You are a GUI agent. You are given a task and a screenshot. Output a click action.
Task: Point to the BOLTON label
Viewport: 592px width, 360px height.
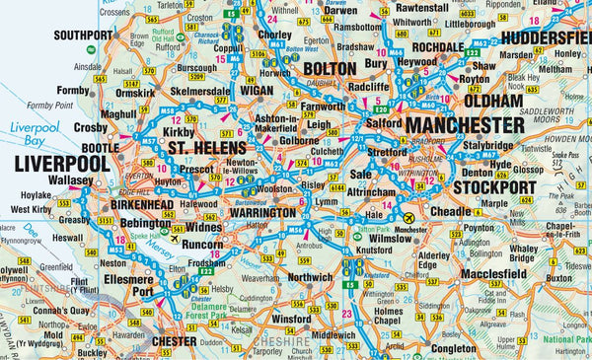tap(329, 68)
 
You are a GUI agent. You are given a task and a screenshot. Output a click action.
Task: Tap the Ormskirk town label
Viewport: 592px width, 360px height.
tap(137, 94)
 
